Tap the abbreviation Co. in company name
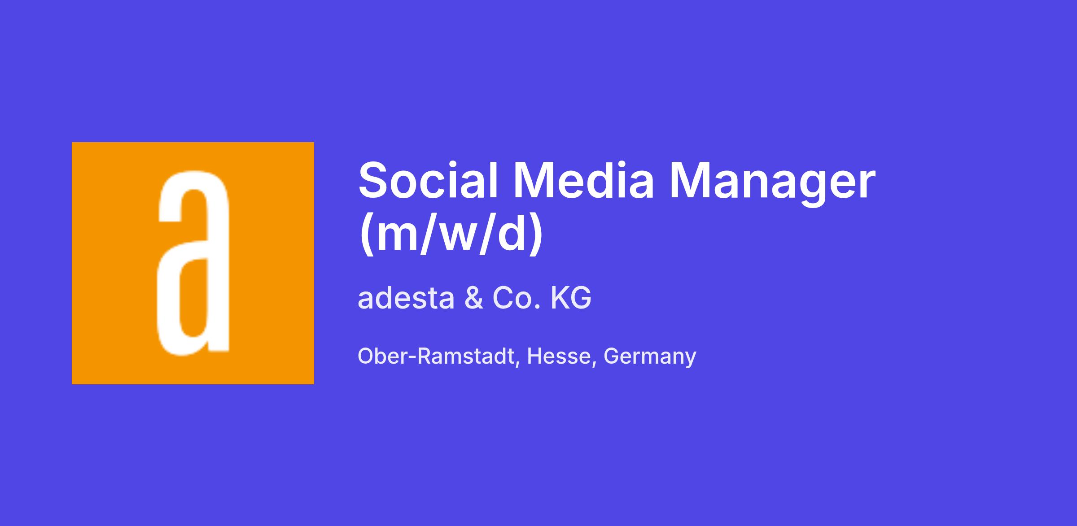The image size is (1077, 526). [x=516, y=298]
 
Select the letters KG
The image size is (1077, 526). [x=570, y=298]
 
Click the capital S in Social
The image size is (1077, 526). [x=374, y=180]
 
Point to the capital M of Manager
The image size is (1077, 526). [x=687, y=180]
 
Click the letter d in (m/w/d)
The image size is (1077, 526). [x=511, y=234]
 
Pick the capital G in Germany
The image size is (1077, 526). [x=612, y=356]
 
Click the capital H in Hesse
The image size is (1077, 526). [x=534, y=356]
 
